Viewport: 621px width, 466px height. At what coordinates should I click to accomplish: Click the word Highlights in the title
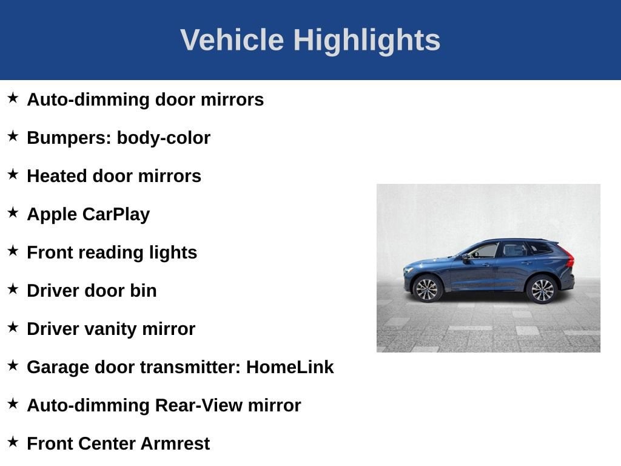click(367, 41)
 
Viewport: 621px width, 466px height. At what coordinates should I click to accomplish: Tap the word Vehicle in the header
click(232, 39)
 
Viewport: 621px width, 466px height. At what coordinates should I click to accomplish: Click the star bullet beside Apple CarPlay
click(13, 212)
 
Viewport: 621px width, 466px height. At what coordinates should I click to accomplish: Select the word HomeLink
click(290, 367)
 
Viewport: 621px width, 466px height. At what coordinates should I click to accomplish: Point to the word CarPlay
click(116, 214)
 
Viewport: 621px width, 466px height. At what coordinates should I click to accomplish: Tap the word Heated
click(57, 175)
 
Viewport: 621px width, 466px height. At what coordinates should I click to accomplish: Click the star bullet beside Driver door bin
click(13, 289)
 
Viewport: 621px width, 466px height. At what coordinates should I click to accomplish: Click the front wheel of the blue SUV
click(427, 289)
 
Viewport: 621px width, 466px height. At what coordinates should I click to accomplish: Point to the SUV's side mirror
click(465, 257)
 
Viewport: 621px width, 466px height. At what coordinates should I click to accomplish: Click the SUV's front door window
click(484, 251)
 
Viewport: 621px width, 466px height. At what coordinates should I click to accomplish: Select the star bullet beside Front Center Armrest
click(13, 442)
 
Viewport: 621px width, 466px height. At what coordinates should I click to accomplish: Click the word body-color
click(163, 138)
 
